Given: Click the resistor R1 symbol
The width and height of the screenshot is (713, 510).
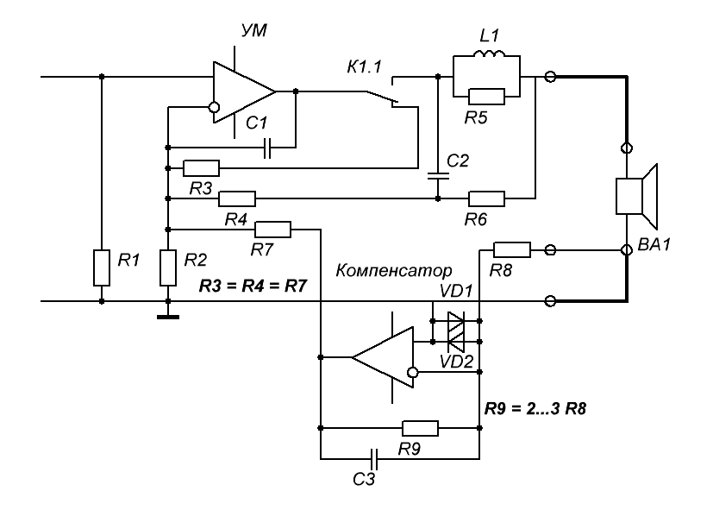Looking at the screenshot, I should tap(102, 268).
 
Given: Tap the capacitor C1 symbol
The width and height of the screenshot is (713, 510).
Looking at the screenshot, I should tap(268, 148).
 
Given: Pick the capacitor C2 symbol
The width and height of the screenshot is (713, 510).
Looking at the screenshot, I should tap(438, 176).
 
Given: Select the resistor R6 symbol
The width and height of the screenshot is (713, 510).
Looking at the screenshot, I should tap(486, 198).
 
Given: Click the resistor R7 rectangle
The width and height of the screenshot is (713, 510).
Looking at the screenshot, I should tap(273, 230).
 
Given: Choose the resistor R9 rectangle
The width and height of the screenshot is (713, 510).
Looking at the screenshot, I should tap(420, 427).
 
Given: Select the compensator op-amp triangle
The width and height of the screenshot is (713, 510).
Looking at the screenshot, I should tap(384, 356).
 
